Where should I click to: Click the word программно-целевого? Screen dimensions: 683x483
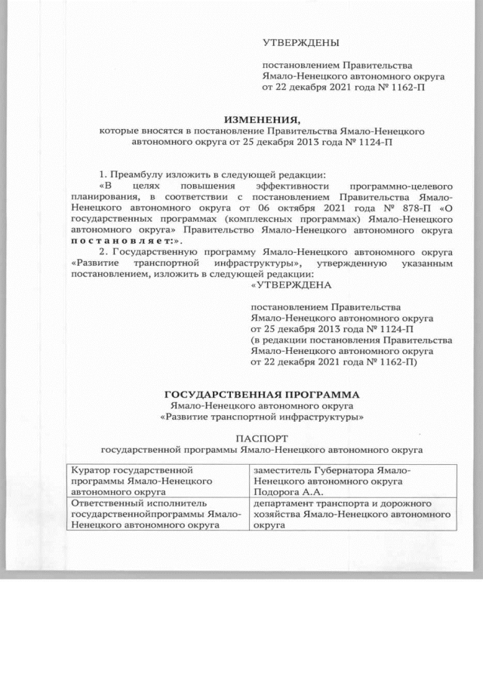pyautogui.click(x=402, y=185)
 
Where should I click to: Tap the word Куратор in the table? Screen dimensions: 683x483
pyautogui.click(x=90, y=471)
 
